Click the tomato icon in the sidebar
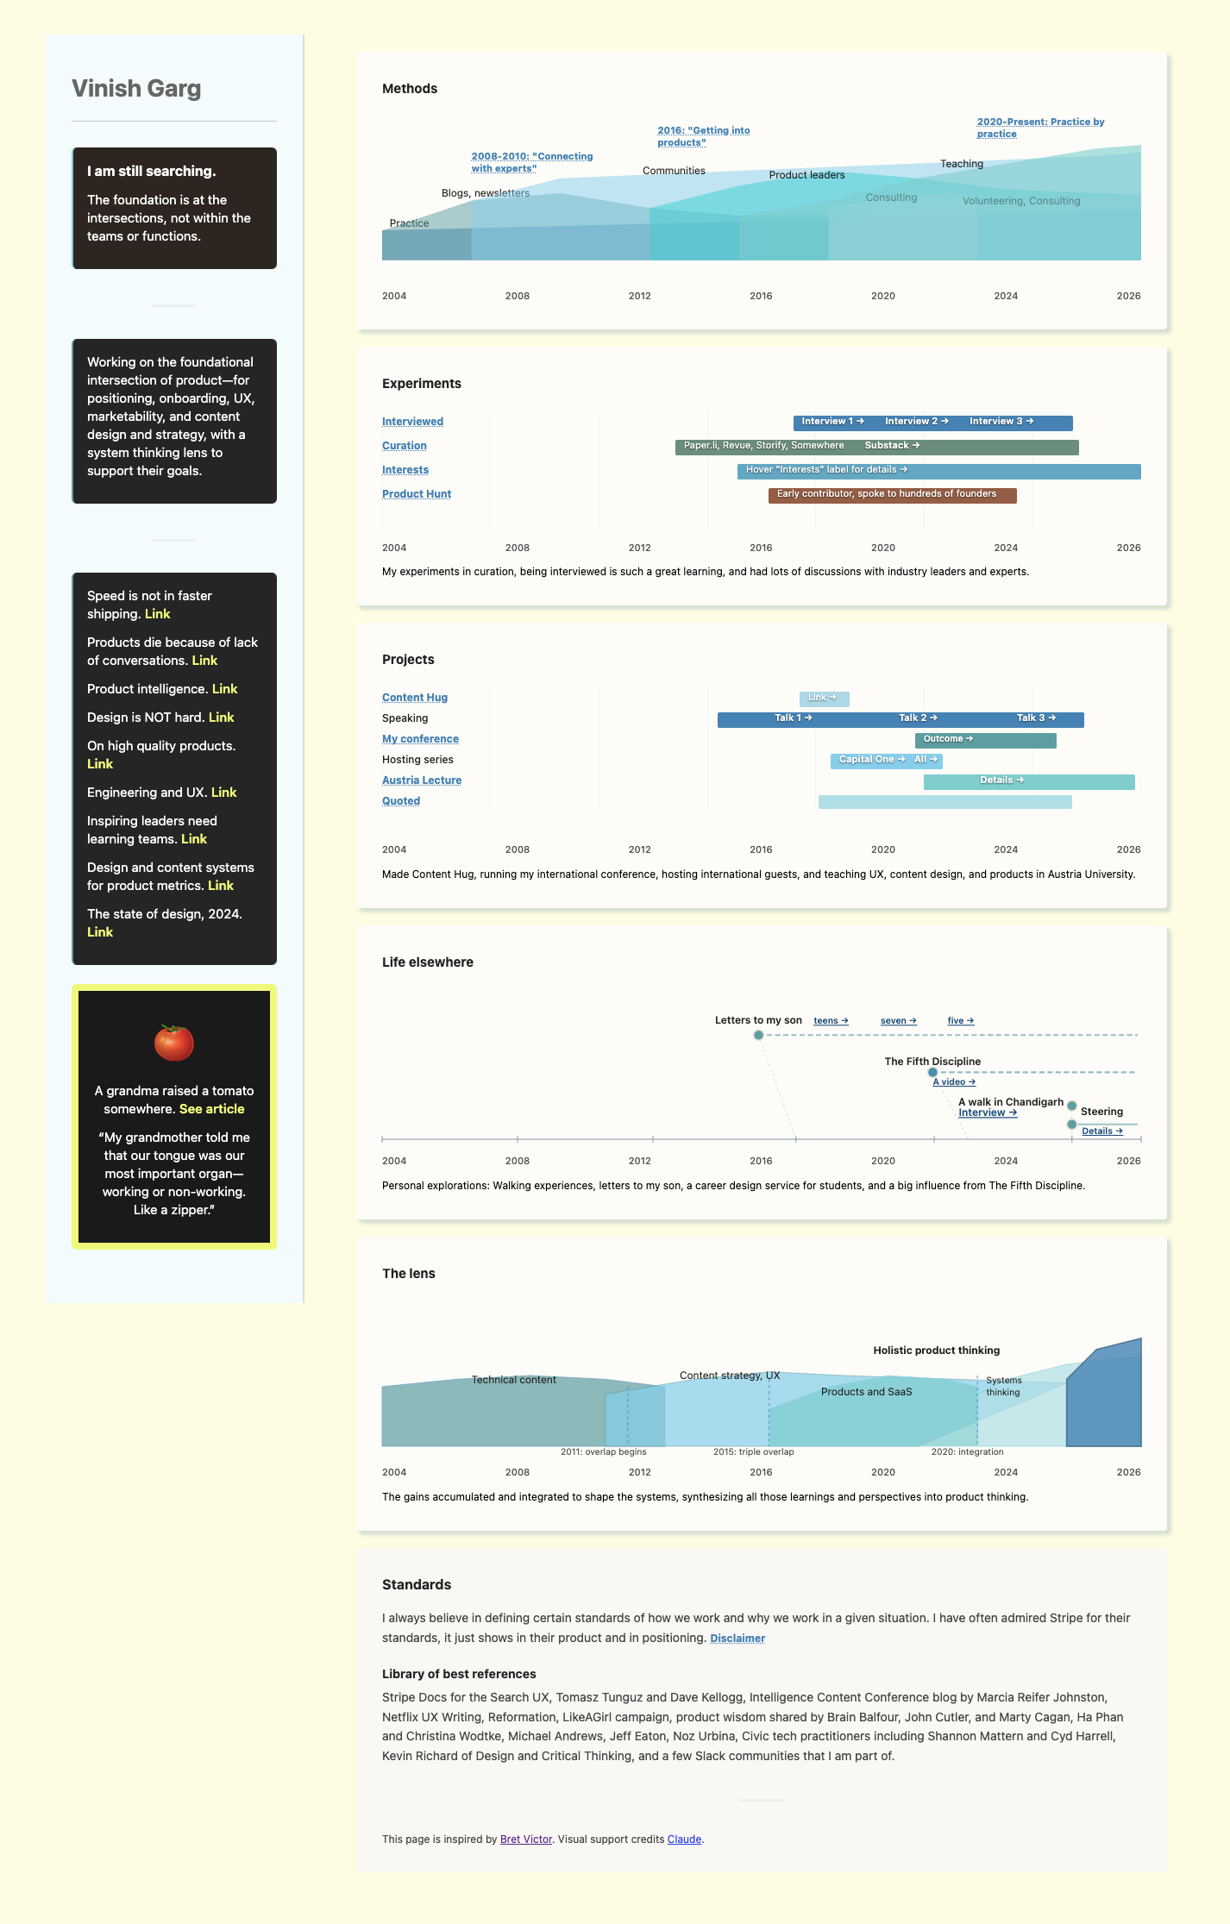click(173, 1042)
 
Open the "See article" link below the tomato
click(211, 1109)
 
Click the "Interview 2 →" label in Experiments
click(916, 422)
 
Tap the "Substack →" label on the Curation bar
click(892, 446)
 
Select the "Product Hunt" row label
click(417, 494)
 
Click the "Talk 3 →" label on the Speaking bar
click(1036, 718)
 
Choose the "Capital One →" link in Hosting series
click(871, 760)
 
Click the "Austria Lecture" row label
click(422, 780)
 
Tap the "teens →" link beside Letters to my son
click(831, 1021)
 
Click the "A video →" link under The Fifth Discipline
click(954, 1082)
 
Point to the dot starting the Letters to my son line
click(758, 1035)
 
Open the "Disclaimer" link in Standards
click(737, 1639)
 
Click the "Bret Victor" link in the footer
click(526, 1839)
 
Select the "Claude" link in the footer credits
click(684, 1839)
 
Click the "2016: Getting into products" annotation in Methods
click(703, 136)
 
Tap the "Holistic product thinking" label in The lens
click(936, 1351)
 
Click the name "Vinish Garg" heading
click(136, 89)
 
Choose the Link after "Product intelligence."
click(224, 689)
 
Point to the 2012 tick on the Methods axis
click(640, 296)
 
